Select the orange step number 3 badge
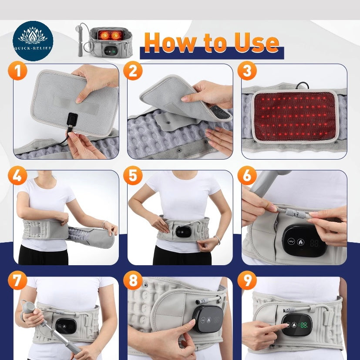pyautogui.click(x=247, y=70)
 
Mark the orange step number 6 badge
pyautogui.click(x=247, y=176)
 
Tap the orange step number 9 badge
pyautogui.click(x=247, y=282)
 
